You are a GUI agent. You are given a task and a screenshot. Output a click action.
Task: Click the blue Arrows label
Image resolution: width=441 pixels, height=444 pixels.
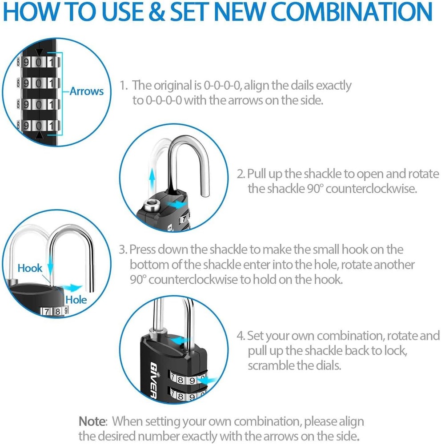click(x=86, y=91)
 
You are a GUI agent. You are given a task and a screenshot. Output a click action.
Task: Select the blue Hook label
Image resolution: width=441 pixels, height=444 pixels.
click(x=30, y=268)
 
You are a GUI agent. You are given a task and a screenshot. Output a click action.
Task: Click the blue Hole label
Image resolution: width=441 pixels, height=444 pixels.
click(x=76, y=300)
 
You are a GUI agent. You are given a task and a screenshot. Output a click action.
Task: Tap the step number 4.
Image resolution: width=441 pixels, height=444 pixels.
click(x=241, y=335)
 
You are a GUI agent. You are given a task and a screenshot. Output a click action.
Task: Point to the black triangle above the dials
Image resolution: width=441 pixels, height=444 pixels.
click(x=40, y=52)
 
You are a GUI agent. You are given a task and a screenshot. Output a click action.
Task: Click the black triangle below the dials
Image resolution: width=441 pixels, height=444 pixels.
click(x=40, y=134)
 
